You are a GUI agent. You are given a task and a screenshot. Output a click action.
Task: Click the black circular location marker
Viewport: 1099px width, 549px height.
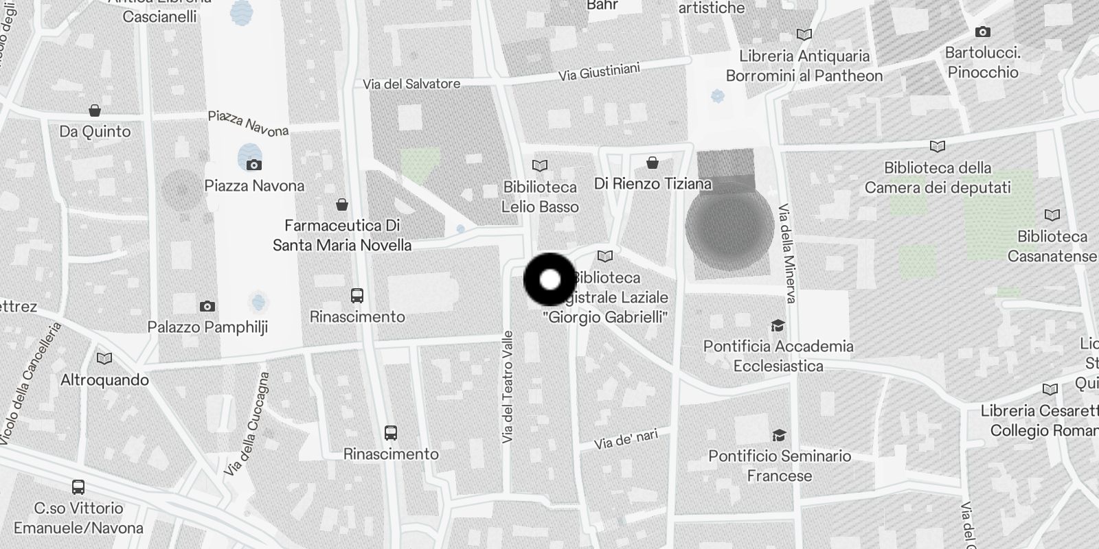pyautogui.click(x=549, y=279)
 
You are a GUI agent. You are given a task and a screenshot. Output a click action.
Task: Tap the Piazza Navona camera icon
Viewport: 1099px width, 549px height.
pyautogui.click(x=253, y=165)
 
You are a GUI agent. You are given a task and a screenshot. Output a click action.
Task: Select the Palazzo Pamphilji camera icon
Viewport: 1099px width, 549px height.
pyautogui.click(x=207, y=306)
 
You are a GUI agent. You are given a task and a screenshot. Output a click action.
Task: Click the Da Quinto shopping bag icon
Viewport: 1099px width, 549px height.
pyautogui.click(x=95, y=110)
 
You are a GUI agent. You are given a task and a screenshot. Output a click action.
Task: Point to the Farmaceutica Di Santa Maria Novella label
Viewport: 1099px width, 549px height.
pyautogui.click(x=342, y=235)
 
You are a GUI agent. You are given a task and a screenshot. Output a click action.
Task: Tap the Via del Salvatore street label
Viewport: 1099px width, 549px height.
pyautogui.click(x=411, y=84)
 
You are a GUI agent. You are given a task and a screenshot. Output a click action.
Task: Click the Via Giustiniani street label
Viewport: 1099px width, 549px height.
pyautogui.click(x=599, y=71)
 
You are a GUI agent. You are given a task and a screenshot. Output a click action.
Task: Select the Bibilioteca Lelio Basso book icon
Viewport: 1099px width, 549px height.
pyautogui.click(x=540, y=165)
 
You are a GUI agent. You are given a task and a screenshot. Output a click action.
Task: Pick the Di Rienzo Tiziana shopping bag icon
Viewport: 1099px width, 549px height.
pyautogui.click(x=653, y=163)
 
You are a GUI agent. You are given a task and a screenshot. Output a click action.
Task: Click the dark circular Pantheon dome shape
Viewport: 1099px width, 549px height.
pyautogui.click(x=729, y=226)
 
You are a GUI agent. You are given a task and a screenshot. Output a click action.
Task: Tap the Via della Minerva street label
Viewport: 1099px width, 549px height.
pyautogui.click(x=787, y=253)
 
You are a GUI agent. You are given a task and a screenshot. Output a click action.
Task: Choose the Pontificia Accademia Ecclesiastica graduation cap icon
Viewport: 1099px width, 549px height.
pyautogui.click(x=778, y=325)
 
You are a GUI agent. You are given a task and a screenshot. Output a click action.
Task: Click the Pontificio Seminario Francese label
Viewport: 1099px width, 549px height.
pyautogui.click(x=780, y=466)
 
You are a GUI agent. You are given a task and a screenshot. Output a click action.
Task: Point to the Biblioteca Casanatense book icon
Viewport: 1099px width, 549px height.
pyautogui.click(x=1052, y=215)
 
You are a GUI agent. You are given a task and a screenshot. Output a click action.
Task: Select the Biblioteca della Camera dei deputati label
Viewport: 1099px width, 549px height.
pyautogui.click(x=938, y=178)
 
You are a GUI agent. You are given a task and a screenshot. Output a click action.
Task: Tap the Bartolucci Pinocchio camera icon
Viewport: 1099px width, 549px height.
pyautogui.click(x=982, y=32)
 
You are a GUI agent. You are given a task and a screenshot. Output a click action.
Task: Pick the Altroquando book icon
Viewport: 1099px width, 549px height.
pyautogui.click(x=104, y=358)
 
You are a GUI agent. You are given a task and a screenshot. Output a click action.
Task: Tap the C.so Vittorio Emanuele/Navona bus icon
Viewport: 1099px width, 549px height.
pyautogui.click(x=78, y=487)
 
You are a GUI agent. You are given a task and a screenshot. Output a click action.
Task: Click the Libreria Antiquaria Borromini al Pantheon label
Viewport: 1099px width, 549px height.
pyautogui.click(x=804, y=66)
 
